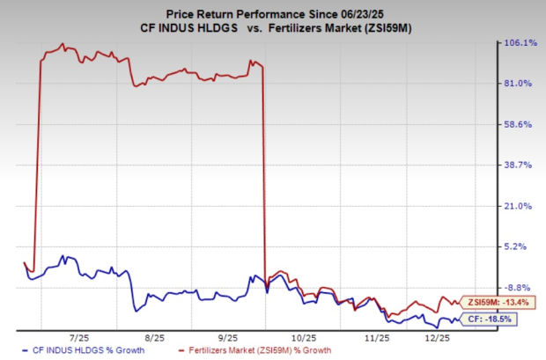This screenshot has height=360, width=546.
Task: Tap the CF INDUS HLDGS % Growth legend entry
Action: click(x=77, y=350)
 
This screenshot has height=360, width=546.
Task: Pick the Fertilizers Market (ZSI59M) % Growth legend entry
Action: click(x=254, y=350)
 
